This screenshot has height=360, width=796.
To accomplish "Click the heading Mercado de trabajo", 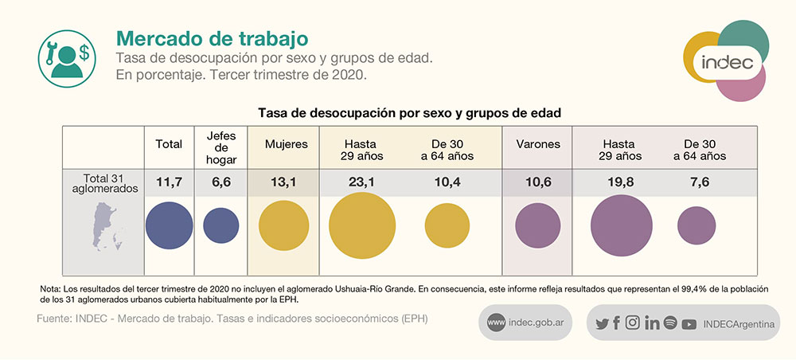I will [x=212, y=38].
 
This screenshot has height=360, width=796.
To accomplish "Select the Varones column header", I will [x=538, y=145].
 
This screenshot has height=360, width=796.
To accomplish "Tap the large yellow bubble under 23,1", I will [x=362, y=225].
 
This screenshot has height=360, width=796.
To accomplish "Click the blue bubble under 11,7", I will [x=169, y=225].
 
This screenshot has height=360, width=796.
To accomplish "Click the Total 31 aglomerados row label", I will [x=103, y=183].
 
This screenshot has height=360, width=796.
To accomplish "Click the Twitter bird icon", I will [x=602, y=323].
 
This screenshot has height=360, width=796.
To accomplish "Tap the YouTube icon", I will [x=689, y=323].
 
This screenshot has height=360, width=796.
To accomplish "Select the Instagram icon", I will [x=633, y=323].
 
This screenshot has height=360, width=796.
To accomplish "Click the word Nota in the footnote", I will [x=49, y=288].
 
